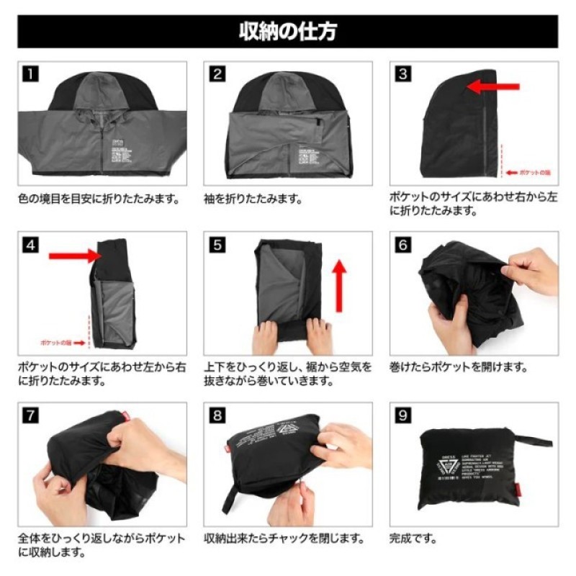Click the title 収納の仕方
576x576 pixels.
pos(287,32)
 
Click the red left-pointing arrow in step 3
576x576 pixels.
pos(492,87)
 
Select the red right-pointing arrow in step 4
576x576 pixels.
pos(72,255)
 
